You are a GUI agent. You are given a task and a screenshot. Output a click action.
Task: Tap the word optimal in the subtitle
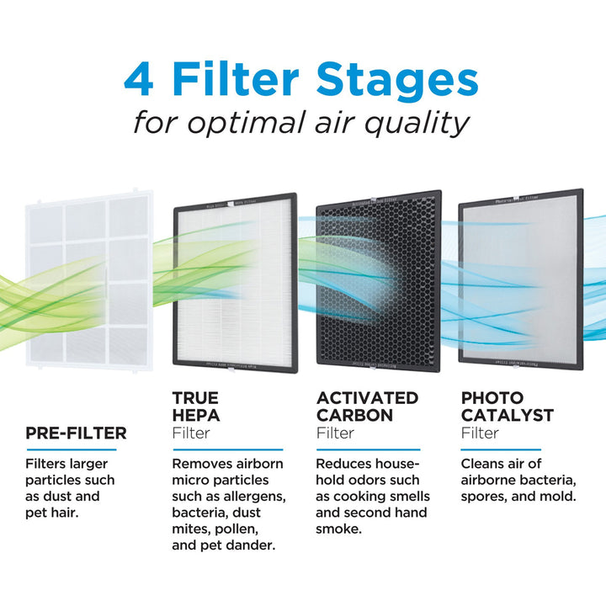pyautogui.click(x=258, y=123)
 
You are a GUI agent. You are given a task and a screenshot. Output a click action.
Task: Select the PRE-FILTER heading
pyautogui.click(x=76, y=433)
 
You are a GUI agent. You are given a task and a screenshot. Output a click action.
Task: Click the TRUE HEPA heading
pyautogui.click(x=195, y=406)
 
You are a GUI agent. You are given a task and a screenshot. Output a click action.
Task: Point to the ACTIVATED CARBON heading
pyautogui.click(x=367, y=406)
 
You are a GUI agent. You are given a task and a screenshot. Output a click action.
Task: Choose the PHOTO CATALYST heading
pyautogui.click(x=508, y=406)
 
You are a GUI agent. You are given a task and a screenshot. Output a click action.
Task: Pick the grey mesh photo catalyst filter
pyautogui.click(x=518, y=282)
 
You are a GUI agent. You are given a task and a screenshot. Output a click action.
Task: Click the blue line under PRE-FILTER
pyautogui.click(x=76, y=449)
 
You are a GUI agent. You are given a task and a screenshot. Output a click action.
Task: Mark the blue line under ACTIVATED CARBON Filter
pyautogui.click(x=367, y=449)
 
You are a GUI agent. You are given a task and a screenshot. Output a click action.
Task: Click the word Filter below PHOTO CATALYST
pyautogui.click(x=480, y=433)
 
